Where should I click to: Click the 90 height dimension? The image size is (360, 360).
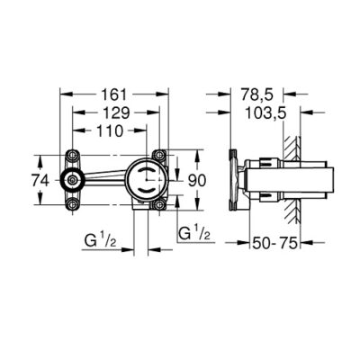(x=196, y=179)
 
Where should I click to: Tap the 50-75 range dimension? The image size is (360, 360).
(x=276, y=243)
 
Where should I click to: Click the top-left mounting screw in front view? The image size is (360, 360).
(x=73, y=153)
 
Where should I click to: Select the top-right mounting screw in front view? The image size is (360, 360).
(x=160, y=154)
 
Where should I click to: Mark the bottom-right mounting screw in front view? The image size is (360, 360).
(x=160, y=205)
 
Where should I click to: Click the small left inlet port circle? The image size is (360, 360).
(x=73, y=179)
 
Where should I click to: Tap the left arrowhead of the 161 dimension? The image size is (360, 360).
(x=62, y=93)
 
